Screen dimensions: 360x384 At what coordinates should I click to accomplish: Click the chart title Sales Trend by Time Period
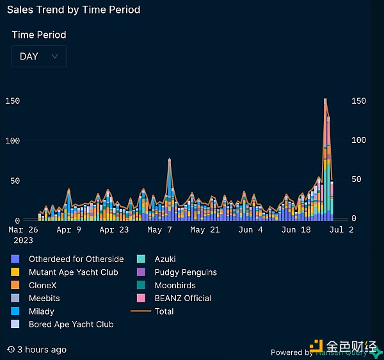[x=74, y=10]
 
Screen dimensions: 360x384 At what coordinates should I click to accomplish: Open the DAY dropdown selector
[x=38, y=56]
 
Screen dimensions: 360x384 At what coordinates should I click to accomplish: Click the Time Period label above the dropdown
[x=39, y=35]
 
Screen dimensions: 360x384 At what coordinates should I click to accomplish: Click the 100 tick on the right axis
[x=359, y=140]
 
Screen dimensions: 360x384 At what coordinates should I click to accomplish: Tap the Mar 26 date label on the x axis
[x=23, y=229]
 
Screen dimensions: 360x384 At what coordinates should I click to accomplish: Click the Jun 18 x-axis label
[x=297, y=229]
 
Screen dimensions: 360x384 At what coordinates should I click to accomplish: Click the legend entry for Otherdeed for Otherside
[x=76, y=259]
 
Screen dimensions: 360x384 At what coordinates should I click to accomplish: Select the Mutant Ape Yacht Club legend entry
[x=73, y=272]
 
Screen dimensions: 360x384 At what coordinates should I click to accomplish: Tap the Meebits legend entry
[x=44, y=298]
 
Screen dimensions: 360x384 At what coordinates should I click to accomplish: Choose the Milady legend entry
[x=41, y=311]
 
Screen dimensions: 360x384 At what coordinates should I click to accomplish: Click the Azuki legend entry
[x=164, y=259]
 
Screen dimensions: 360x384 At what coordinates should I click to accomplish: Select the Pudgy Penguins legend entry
[x=185, y=272]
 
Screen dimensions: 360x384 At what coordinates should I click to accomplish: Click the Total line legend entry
[x=164, y=311]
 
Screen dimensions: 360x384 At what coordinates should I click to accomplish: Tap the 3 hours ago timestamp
[x=42, y=350]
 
